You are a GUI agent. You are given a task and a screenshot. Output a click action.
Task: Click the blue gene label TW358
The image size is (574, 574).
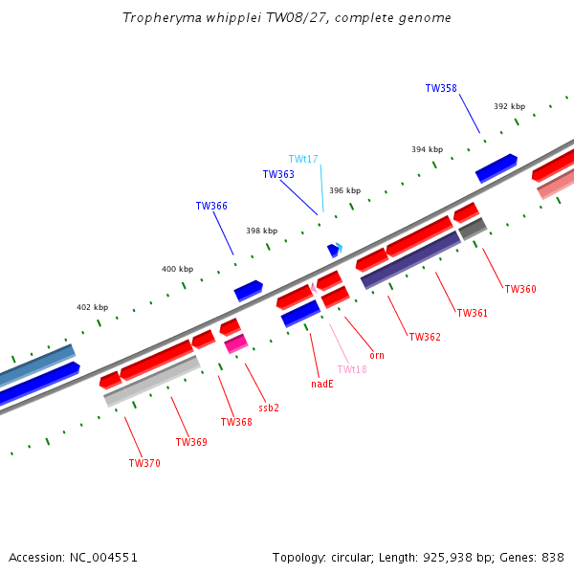[441, 88]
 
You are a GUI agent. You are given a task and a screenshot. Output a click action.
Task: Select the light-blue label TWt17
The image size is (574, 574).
[303, 159]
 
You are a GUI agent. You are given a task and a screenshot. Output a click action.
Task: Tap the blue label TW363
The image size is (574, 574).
[278, 174]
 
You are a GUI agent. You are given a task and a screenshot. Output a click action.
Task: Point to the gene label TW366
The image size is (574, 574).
[211, 206]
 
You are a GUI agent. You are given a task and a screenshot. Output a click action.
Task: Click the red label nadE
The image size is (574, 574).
[322, 384]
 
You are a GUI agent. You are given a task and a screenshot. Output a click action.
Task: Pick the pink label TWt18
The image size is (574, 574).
[352, 369]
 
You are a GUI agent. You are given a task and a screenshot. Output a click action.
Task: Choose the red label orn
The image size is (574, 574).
[377, 356]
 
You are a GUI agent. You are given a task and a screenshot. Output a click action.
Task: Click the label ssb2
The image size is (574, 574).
[269, 408]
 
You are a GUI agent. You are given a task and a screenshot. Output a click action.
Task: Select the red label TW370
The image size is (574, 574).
[144, 463]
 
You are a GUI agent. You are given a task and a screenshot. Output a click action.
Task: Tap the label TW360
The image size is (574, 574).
[520, 289]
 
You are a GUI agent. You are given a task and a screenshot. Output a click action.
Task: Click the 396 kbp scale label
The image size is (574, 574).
[344, 190]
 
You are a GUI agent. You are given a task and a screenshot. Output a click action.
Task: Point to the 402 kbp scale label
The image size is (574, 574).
[92, 307]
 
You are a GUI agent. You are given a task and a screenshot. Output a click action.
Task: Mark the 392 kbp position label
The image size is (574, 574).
[510, 106]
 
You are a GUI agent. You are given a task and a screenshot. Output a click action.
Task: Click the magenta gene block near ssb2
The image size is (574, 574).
[236, 343]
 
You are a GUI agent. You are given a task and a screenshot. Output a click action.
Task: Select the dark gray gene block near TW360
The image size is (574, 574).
[473, 229]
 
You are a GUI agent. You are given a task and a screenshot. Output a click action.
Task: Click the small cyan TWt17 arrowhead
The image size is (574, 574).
[340, 248]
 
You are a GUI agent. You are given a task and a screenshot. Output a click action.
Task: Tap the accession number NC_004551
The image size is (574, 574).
[103, 558]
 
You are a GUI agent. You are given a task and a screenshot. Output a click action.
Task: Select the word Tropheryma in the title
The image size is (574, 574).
[162, 18]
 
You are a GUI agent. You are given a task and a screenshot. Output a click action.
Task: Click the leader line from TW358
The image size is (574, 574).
[470, 114]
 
